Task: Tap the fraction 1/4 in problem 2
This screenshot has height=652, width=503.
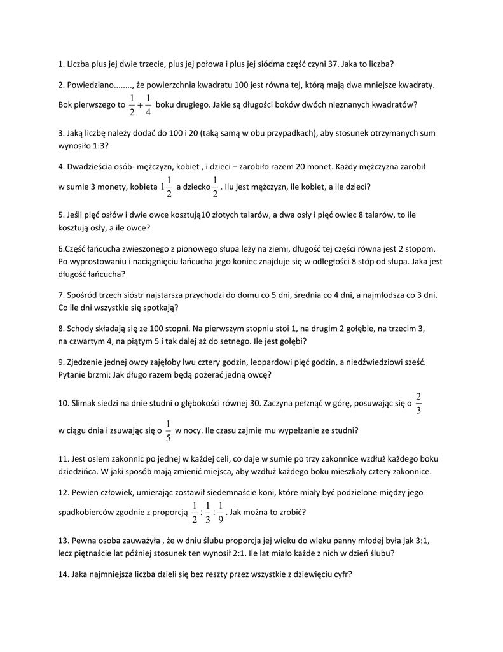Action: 148,105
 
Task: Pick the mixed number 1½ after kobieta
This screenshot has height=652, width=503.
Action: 167,187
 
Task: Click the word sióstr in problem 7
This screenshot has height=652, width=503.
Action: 148,295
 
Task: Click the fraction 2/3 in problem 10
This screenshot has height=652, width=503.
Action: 418,404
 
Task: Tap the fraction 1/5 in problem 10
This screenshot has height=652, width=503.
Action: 168,430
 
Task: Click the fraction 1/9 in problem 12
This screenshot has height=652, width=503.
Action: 221,512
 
